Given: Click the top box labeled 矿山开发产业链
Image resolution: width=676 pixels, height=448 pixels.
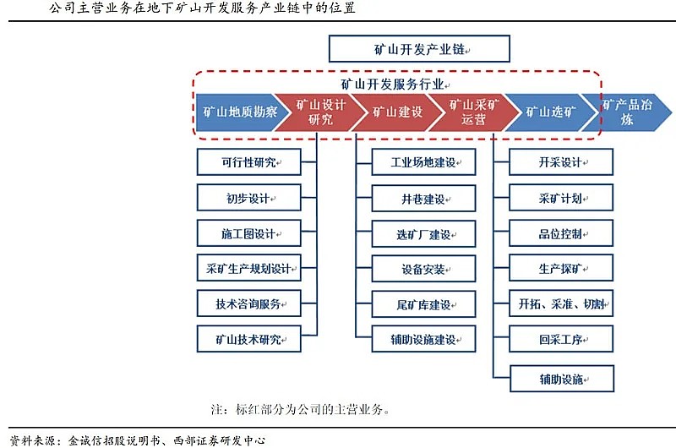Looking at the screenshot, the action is pos(419,49).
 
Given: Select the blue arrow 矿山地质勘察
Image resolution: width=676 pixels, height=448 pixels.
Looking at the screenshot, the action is pos(237,112).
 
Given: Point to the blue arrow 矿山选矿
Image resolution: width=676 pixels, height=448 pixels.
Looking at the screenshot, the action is pos(551,112).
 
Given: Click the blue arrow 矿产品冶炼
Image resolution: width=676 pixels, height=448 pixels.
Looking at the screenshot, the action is pos(627,112).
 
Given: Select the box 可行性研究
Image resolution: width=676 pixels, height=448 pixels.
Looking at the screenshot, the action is pos(248,162).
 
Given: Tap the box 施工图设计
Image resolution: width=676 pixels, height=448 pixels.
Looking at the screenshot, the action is pos(248,233).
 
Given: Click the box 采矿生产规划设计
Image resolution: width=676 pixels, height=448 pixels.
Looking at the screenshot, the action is pos(248,268).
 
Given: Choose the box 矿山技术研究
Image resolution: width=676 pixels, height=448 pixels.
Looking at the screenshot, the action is pos(248,339).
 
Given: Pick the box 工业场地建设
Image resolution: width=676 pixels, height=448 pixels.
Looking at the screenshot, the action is pos(423,162).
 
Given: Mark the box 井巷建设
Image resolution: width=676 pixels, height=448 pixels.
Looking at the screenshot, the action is pos(423,199).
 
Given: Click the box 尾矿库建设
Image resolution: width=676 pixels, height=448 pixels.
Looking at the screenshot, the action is pos(423,304).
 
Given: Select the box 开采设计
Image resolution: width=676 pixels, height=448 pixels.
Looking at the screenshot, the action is pos(561,162).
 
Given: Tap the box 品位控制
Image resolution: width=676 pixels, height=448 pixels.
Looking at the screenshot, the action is pos(561,233).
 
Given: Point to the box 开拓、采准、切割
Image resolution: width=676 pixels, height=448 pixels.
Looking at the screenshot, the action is pos(561,303).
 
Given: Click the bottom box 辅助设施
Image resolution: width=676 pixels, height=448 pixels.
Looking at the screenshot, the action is pos(562,379).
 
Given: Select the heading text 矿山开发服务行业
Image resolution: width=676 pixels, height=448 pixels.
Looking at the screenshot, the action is pos(392,84).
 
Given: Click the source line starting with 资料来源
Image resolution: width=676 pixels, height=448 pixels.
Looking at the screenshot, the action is pos(138,440).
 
